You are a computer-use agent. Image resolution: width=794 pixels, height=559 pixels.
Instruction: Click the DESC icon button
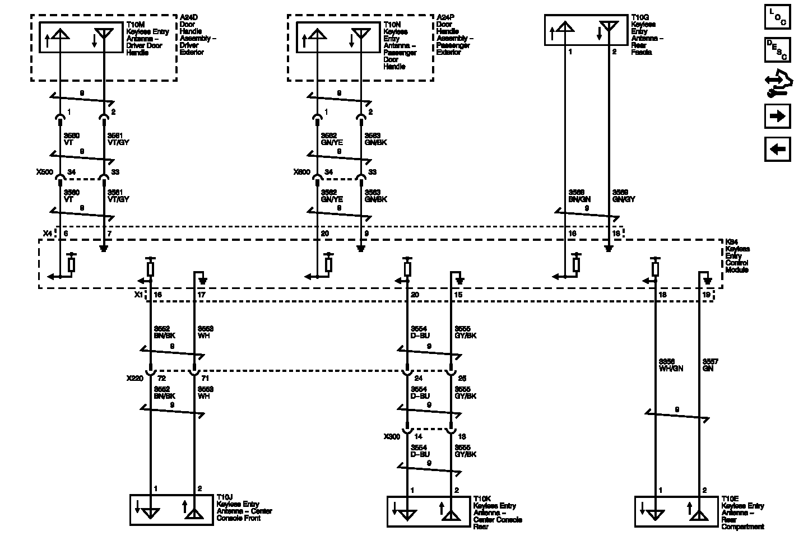(777, 50)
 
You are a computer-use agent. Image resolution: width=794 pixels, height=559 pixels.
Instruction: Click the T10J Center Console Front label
(244, 507)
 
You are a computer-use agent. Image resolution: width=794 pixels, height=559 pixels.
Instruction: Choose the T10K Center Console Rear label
(497, 512)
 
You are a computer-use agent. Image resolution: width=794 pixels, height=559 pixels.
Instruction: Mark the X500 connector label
(45, 172)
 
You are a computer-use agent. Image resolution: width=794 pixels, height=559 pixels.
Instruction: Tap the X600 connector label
(302, 172)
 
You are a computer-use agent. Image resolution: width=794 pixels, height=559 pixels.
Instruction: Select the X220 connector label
(136, 378)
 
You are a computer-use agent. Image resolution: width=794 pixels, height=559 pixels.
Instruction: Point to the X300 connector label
(392, 436)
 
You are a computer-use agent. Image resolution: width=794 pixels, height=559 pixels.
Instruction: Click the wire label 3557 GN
(710, 365)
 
